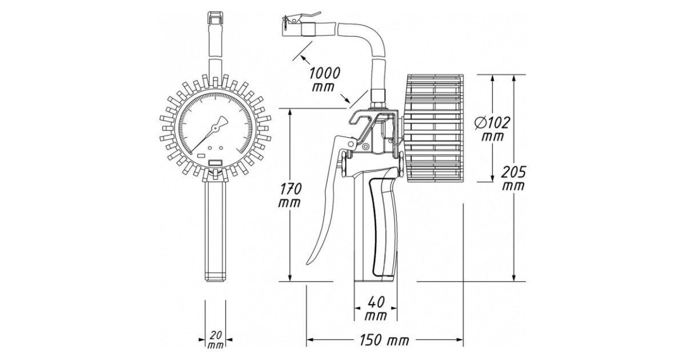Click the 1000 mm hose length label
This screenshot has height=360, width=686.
tap(324, 79)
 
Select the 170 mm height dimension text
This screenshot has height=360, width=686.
tap(290, 195)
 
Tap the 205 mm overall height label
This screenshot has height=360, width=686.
tap(513, 178)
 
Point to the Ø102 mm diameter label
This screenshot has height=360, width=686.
tap(492, 129)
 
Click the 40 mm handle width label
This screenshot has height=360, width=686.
tap(376, 308)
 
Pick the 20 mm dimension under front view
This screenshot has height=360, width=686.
tap(216, 339)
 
